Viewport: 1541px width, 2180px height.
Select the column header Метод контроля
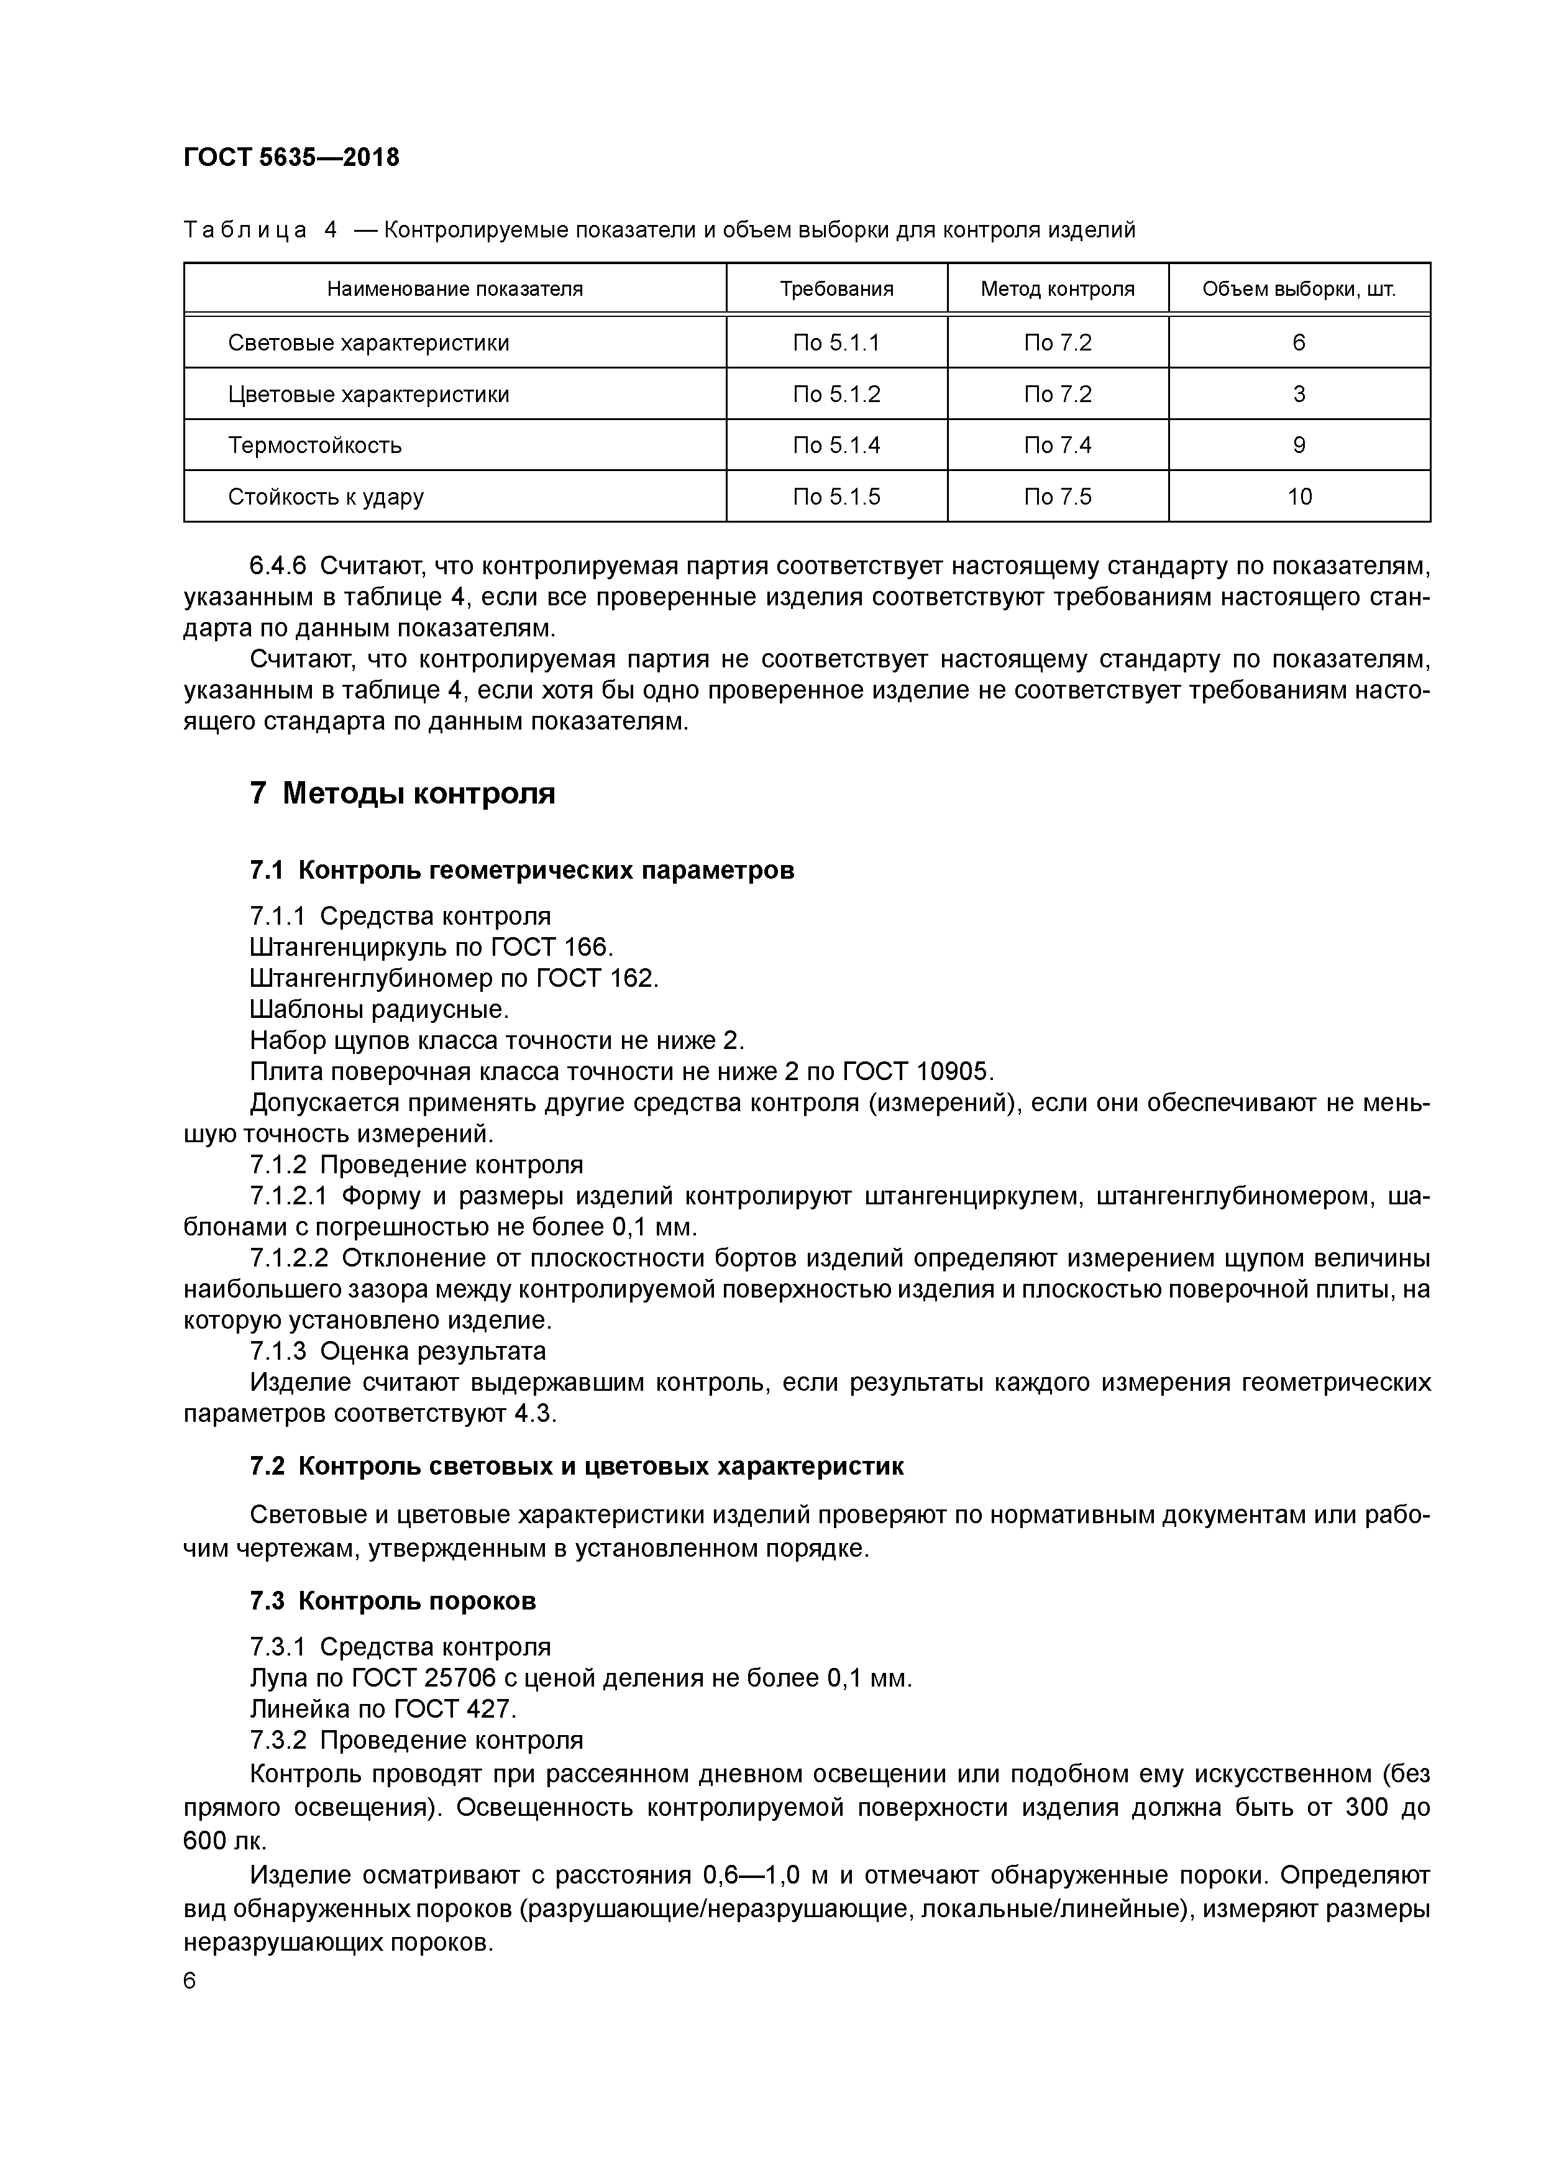(1057, 288)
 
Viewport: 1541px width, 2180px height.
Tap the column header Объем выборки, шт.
(1298, 288)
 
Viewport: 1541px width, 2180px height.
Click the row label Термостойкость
(314, 446)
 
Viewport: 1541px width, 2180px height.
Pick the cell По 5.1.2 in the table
(836, 394)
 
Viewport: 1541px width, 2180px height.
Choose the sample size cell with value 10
(1298, 497)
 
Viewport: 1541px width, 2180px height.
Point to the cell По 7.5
(1057, 497)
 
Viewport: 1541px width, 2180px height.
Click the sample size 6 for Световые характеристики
(1298, 343)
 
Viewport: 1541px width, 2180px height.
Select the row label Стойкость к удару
(326, 497)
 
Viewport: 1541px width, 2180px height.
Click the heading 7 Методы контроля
(403, 793)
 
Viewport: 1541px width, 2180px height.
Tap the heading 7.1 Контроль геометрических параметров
(521, 870)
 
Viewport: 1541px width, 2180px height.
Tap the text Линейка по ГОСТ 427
(383, 1709)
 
